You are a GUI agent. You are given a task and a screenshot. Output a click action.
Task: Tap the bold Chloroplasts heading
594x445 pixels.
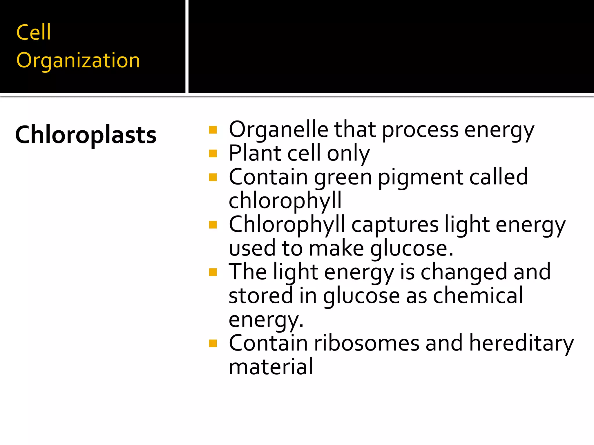86,135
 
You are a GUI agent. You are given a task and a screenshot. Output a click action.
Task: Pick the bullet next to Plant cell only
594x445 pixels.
213,153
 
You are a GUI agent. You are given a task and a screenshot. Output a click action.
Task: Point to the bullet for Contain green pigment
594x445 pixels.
213,177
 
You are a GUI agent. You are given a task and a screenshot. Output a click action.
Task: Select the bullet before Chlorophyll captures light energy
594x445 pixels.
213,225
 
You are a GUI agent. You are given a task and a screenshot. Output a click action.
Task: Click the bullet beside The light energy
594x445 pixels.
213,272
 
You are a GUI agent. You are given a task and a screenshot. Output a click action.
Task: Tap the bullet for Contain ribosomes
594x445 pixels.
213,343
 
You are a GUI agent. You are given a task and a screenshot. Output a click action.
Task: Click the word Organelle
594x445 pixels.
278,130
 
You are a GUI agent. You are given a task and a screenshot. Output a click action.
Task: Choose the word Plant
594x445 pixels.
255,153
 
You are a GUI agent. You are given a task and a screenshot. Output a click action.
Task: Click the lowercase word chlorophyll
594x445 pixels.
285,201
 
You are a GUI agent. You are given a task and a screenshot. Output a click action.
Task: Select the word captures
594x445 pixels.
395,225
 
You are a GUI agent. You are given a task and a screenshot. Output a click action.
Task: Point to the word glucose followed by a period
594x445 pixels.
412,249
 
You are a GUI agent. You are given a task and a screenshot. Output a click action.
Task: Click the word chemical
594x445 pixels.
478,296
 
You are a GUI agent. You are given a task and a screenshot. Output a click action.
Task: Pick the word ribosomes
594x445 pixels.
367,343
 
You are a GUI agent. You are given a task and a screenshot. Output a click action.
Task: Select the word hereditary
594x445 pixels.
521,343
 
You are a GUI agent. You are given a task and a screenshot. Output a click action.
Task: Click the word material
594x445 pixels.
271,367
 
